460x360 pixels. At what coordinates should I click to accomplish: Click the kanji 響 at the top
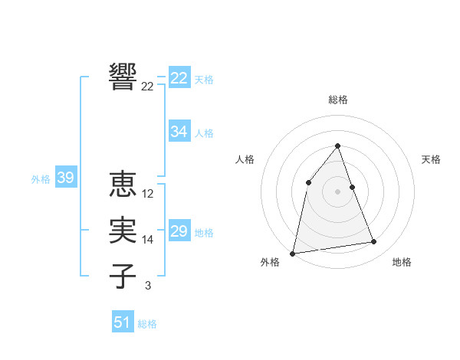123,77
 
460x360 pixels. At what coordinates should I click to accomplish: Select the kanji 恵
123,185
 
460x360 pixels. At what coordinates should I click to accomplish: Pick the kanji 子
123,277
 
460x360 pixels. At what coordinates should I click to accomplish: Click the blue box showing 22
179,78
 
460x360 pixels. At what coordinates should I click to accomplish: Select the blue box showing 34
179,132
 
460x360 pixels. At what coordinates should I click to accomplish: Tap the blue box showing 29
179,231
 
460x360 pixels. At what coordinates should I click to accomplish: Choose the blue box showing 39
65,178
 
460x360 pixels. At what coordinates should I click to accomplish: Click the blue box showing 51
122,322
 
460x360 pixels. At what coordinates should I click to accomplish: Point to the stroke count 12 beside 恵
148,194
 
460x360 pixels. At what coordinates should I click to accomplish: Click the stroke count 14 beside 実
148,240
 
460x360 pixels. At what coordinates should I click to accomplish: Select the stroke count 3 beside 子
148,286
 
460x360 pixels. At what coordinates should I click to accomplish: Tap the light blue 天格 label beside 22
204,80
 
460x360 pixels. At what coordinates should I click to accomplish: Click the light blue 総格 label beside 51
147,324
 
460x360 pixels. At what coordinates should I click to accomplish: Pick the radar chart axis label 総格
338,100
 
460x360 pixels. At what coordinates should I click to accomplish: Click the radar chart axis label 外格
270,262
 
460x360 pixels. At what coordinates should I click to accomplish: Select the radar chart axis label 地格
402,262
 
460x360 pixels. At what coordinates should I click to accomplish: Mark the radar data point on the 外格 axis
293,253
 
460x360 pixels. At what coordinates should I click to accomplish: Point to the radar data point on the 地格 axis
374,242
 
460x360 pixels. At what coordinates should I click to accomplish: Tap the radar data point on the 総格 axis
338,146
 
